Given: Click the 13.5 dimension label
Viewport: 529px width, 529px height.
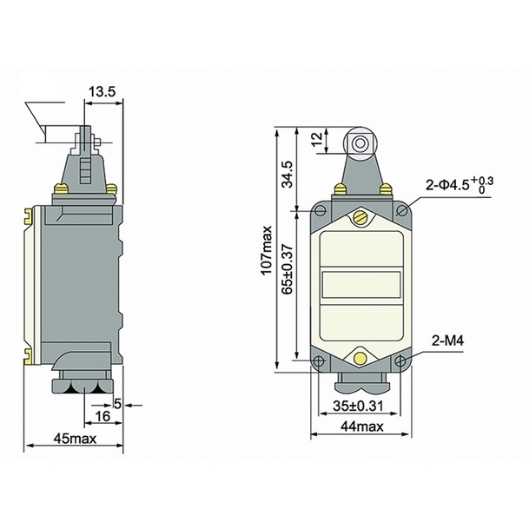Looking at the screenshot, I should [x=102, y=89].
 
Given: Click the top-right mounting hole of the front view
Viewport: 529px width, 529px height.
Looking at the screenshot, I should [x=402, y=209].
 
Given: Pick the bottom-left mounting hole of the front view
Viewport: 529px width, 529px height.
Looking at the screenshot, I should [x=319, y=361].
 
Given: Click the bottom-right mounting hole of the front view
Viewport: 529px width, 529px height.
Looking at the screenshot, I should [x=401, y=361].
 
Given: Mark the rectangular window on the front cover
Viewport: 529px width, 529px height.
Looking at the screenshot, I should [x=360, y=285].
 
